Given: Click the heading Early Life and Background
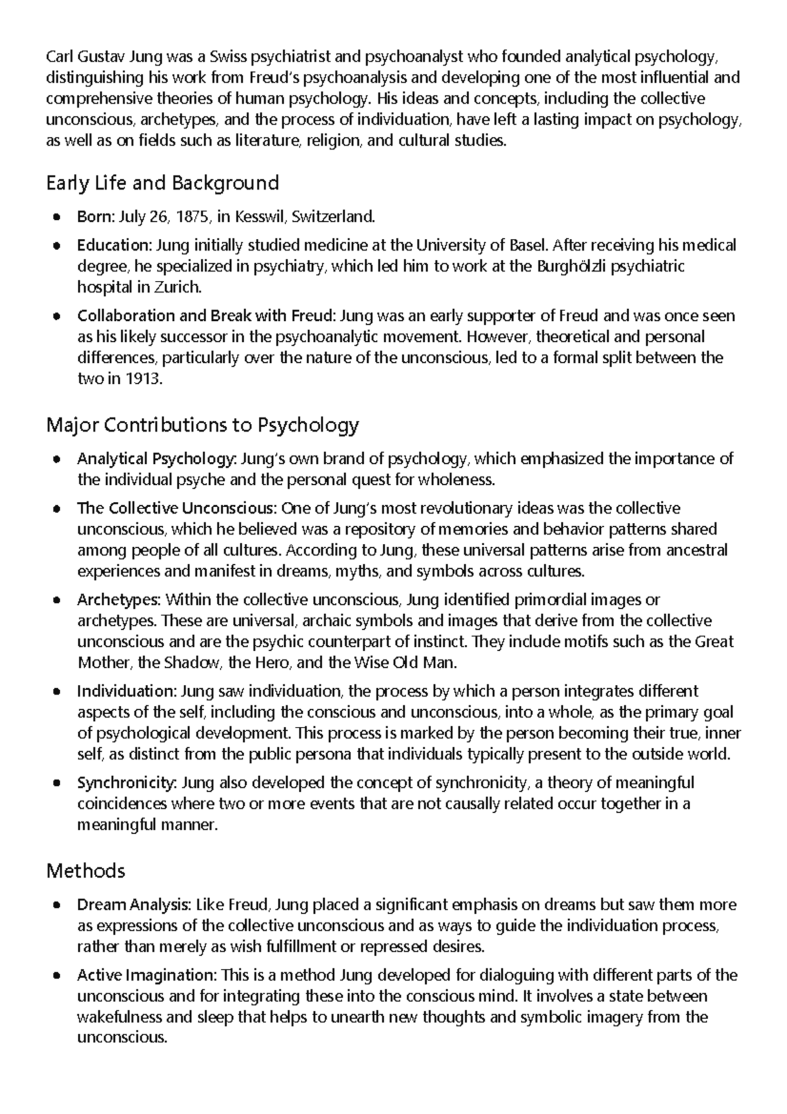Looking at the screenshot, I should [x=163, y=183].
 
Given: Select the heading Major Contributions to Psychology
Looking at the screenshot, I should [x=203, y=425].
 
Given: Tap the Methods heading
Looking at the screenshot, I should [x=86, y=871].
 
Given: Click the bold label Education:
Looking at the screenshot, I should [x=114, y=245].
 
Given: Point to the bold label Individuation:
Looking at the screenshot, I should [x=127, y=691].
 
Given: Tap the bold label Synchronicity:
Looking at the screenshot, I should [x=127, y=783].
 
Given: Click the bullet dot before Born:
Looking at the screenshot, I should [x=58, y=217].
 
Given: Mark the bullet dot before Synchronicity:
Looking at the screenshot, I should [x=58, y=783].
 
